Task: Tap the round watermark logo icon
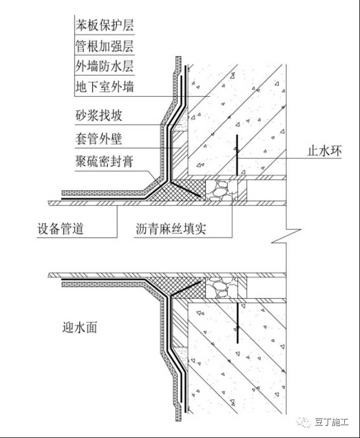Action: pyautogui.click(x=306, y=421)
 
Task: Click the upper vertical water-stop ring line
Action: pyautogui.click(x=236, y=155)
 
